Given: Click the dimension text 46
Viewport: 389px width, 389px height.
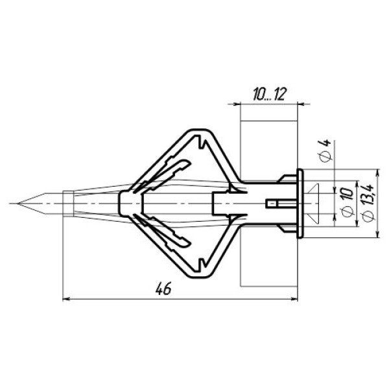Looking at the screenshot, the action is coord(163,289).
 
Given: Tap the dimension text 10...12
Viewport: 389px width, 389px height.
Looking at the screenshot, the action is coord(270,94).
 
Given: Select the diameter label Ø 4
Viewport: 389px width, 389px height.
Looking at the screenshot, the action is coord(325,151).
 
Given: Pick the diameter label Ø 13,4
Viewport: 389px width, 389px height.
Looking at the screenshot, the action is coord(368,202).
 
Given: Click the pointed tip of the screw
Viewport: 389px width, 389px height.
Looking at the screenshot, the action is coord(18,204).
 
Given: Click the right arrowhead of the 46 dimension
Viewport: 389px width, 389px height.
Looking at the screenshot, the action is coord(294,300).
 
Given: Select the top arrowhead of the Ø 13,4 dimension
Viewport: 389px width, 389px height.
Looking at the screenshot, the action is coord(377,172).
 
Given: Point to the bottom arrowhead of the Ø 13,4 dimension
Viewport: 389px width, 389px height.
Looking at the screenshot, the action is coord(377,235).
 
